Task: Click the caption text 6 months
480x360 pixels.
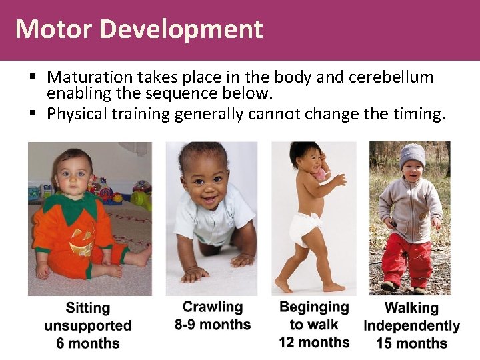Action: click(x=88, y=343)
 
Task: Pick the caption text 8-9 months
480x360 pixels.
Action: click(x=212, y=325)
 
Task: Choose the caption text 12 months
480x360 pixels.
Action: click(x=314, y=342)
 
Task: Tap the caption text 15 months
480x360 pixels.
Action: click(x=411, y=343)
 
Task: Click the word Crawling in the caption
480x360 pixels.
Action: click(x=213, y=307)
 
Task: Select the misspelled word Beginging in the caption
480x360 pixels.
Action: click(x=314, y=307)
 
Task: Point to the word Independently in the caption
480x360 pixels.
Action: click(x=411, y=326)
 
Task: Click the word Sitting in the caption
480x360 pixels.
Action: click(x=88, y=308)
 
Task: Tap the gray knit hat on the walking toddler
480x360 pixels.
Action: click(x=412, y=155)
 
